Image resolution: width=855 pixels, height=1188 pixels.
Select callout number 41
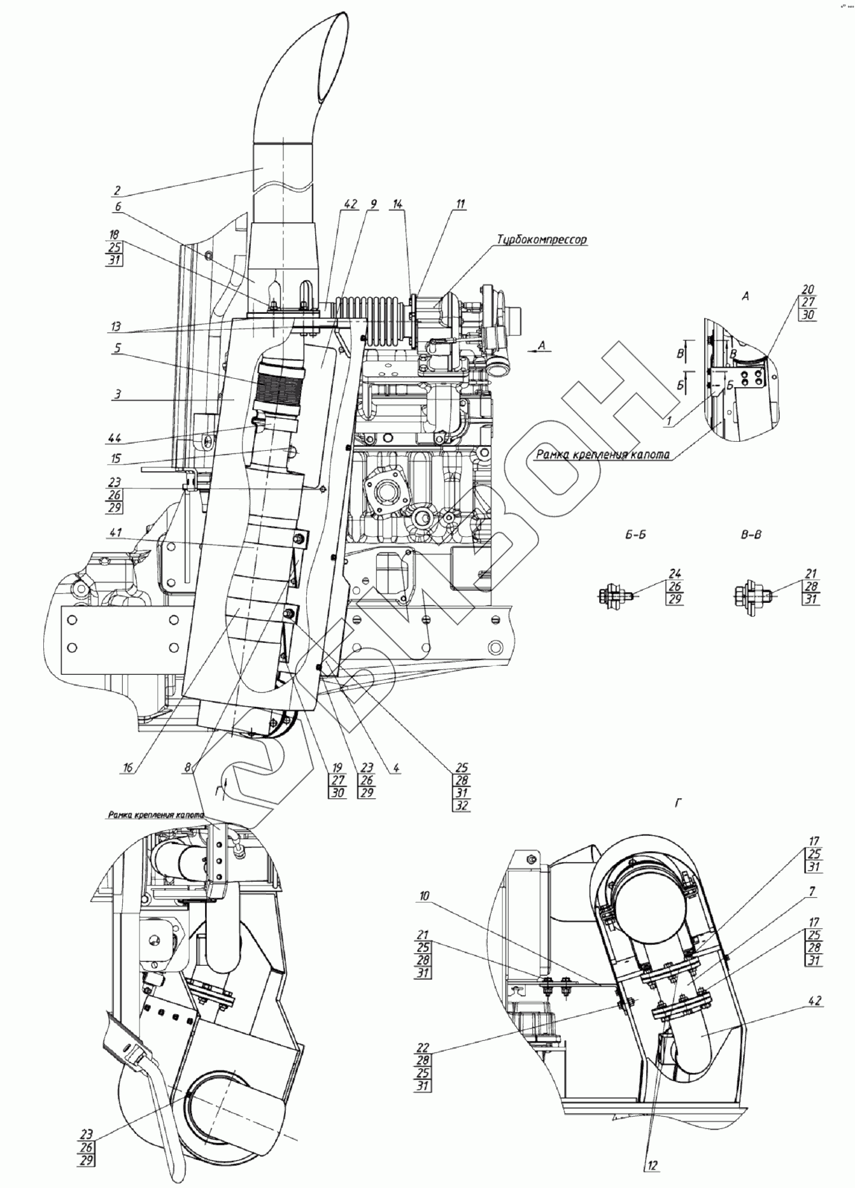click(x=116, y=532)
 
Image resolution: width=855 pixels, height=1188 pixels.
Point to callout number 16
click(x=129, y=768)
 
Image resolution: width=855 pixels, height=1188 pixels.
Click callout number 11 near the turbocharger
click(x=460, y=204)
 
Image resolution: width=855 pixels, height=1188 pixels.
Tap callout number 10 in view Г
click(x=424, y=896)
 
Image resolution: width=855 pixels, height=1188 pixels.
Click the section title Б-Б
click(x=635, y=535)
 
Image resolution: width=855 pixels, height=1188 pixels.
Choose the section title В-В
click(x=751, y=535)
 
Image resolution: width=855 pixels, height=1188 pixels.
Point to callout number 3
click(x=117, y=394)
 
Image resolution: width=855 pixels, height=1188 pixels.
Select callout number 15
click(x=116, y=459)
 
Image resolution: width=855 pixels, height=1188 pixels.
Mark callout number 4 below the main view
click(x=396, y=768)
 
